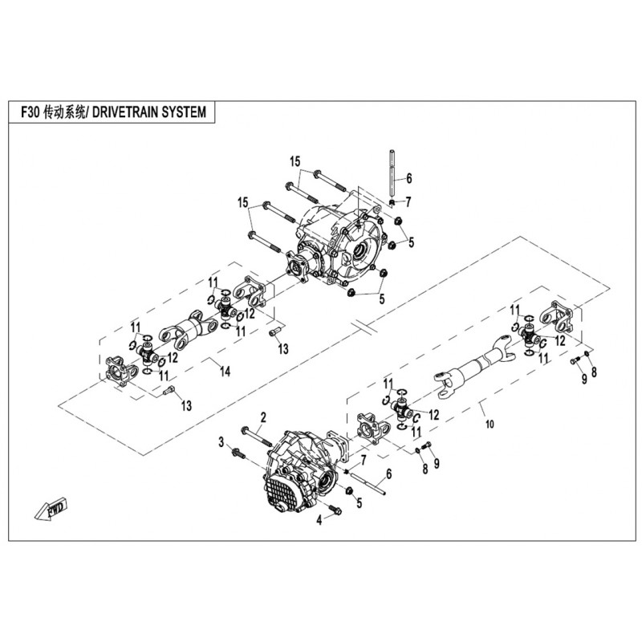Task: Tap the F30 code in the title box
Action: (x=31, y=113)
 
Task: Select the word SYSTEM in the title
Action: (x=192, y=113)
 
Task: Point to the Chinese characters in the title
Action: (x=68, y=113)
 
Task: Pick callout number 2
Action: (x=262, y=416)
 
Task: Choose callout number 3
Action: (x=221, y=442)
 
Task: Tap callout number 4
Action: (x=319, y=521)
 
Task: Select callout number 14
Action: (x=226, y=371)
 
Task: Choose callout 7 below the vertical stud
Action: (x=408, y=201)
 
